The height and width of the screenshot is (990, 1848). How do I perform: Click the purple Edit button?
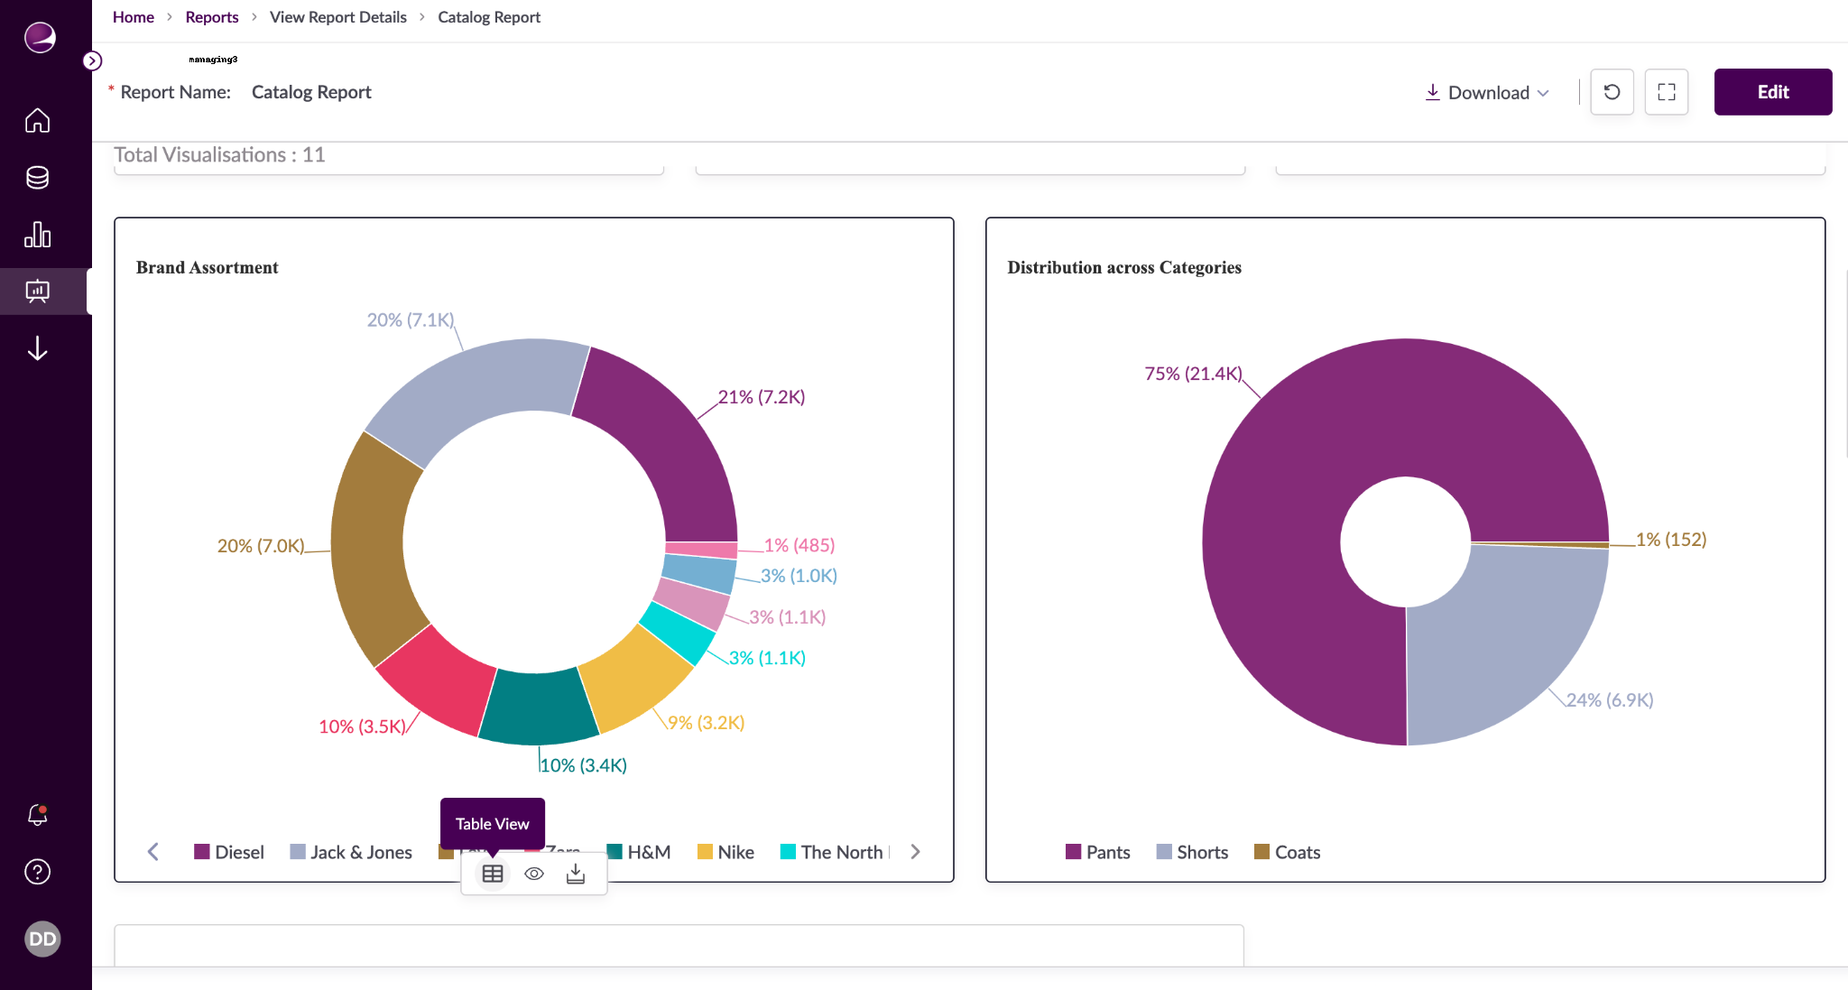tap(1772, 92)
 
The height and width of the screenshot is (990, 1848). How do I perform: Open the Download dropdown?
tap(1487, 92)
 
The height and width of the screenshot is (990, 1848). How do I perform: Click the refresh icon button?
tap(1612, 92)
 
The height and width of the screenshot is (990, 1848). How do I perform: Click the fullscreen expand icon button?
tap(1666, 92)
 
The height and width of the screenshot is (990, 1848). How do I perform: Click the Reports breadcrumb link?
tap(211, 17)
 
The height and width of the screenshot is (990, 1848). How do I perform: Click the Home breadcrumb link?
tap(133, 17)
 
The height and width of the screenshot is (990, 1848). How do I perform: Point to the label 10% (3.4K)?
tap(583, 765)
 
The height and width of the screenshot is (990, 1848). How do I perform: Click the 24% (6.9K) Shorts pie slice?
tap(1498, 650)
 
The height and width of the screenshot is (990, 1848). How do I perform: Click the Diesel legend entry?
tap(229, 852)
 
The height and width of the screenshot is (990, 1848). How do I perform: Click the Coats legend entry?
tap(1288, 852)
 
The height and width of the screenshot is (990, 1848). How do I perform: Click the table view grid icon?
tap(493, 874)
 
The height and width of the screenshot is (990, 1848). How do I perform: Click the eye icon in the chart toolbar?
tap(534, 874)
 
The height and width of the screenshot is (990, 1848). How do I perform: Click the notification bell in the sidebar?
tap(37, 815)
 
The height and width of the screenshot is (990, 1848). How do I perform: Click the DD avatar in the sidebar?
tap(42, 939)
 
